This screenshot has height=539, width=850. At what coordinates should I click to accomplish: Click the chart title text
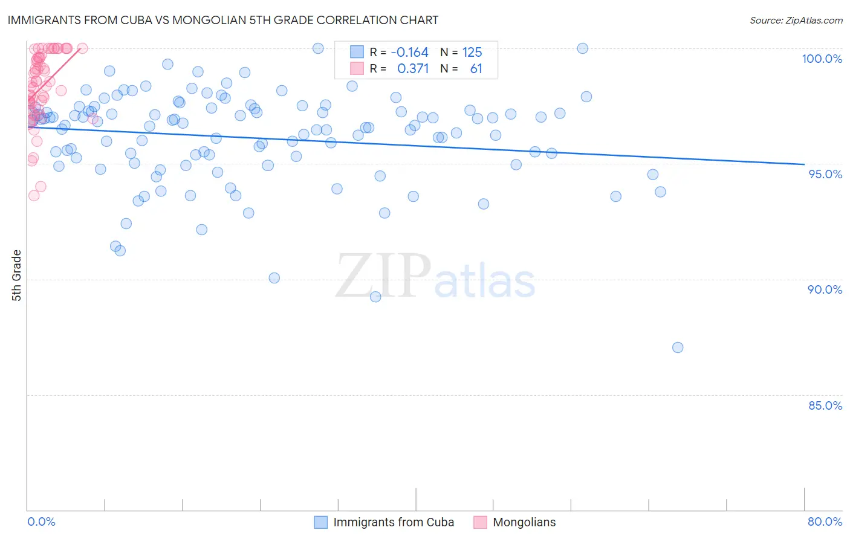point(223,20)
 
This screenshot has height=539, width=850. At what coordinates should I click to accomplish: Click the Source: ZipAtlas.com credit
point(796,20)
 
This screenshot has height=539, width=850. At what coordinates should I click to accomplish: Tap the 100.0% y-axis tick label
point(822,59)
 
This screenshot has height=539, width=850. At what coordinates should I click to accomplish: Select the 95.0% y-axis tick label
point(825,174)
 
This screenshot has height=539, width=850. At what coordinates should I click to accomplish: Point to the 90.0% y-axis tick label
point(825,289)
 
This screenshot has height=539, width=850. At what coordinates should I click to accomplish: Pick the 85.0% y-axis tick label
point(825,405)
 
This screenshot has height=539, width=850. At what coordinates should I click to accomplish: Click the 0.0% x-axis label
point(41,521)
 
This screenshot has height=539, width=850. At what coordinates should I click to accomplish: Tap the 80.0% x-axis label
point(825,521)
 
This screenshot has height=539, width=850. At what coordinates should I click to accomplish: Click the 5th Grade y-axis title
point(16,275)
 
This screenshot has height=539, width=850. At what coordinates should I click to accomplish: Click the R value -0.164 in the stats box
point(409,53)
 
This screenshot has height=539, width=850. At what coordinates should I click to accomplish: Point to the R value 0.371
point(412,69)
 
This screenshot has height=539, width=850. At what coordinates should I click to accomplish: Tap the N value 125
point(472,53)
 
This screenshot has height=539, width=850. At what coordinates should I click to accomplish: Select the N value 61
point(476,69)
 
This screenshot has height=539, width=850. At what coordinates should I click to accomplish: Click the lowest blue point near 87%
point(678,347)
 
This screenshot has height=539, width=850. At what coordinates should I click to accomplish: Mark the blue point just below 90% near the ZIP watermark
point(375,297)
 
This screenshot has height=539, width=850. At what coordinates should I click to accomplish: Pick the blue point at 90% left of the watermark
point(274,278)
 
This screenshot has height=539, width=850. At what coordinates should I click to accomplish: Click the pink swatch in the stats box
point(357,68)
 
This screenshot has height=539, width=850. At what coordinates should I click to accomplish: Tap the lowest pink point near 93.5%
point(34,195)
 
